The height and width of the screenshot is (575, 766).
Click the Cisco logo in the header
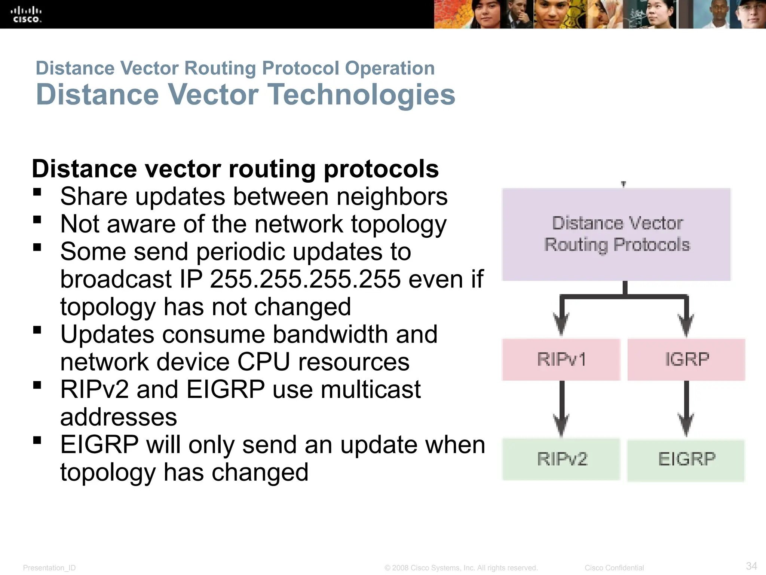(26, 14)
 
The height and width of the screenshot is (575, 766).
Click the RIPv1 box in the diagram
(561, 360)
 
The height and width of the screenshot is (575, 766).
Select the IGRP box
(686, 360)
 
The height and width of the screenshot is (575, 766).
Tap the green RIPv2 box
(561, 459)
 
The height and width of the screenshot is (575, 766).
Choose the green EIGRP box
(686, 460)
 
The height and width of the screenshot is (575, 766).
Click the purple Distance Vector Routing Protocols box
(616, 234)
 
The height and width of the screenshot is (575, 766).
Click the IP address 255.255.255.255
(305, 279)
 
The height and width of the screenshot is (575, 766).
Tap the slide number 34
(751, 566)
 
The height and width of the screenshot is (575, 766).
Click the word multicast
(370, 390)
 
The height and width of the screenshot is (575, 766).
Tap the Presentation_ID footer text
(49, 568)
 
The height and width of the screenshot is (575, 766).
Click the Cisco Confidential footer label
(614, 568)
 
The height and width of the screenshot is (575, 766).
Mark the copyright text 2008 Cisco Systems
(461, 568)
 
